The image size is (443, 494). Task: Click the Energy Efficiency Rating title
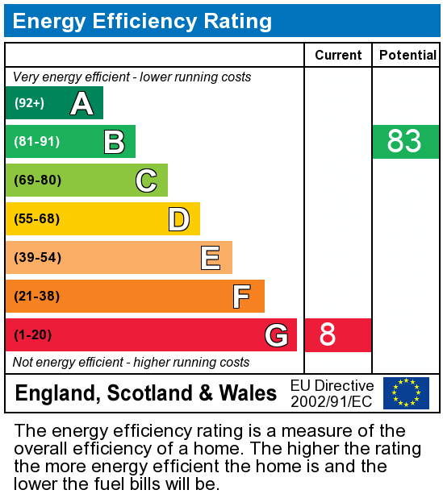[142, 21]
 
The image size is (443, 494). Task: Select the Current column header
[338, 55]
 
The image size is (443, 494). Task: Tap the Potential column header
[407, 55]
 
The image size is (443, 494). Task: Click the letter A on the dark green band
[81, 103]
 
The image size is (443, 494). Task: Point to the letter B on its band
[114, 142]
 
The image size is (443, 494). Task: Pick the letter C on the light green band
[146, 181]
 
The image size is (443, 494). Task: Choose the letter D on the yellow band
[178, 219]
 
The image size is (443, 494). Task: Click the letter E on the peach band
[211, 258]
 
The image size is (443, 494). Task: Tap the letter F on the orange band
[241, 297]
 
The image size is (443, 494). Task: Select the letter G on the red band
[276, 335]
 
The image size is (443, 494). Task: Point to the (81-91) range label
[36, 142]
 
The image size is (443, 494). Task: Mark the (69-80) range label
[36, 181]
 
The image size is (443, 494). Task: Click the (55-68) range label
[36, 219]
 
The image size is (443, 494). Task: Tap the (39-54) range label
[36, 258]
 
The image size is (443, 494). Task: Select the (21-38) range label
[36, 297]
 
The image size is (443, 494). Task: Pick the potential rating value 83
[404, 142]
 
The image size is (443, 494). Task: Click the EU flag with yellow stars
[406, 393]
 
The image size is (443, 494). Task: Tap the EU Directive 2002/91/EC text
[332, 393]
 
